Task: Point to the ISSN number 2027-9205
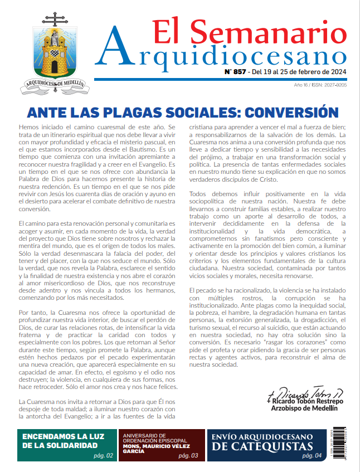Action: click(x=335, y=85)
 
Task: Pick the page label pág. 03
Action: click(x=187, y=455)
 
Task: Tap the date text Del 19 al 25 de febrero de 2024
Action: click(x=298, y=72)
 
